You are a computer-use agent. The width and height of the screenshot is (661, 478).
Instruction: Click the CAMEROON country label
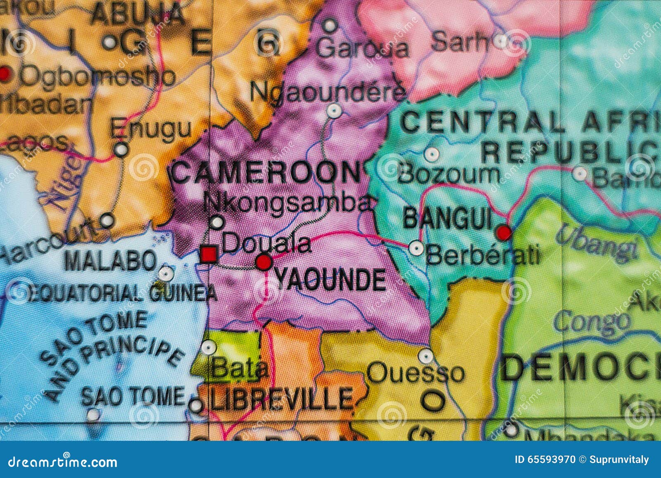266,173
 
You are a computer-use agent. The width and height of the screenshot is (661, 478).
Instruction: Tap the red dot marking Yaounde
264,262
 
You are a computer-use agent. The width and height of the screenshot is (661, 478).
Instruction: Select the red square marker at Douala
209,254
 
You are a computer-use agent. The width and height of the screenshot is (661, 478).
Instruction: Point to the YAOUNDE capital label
330,280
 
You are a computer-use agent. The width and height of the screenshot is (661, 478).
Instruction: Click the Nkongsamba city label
289,203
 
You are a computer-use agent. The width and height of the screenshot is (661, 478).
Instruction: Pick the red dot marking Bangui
504,233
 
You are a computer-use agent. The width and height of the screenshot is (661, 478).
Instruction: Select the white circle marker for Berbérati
416,248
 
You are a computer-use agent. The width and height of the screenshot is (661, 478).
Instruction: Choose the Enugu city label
151,128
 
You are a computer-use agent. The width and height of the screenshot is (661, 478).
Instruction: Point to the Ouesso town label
416,373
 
